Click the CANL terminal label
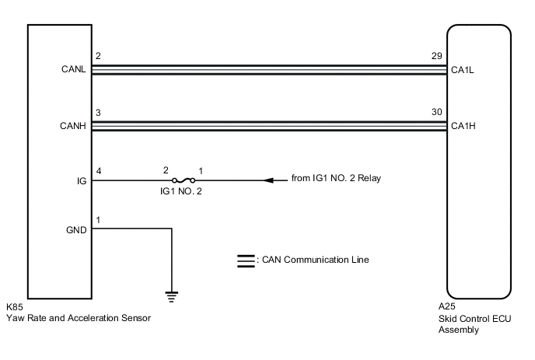(x=74, y=70)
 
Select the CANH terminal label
(x=74, y=124)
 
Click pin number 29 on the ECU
(x=437, y=58)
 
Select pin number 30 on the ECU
(x=437, y=112)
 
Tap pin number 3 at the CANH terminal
(x=97, y=112)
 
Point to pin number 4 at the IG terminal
(x=97, y=169)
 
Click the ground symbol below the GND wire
(x=172, y=295)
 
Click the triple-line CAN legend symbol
(x=244, y=260)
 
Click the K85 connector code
(x=16, y=308)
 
